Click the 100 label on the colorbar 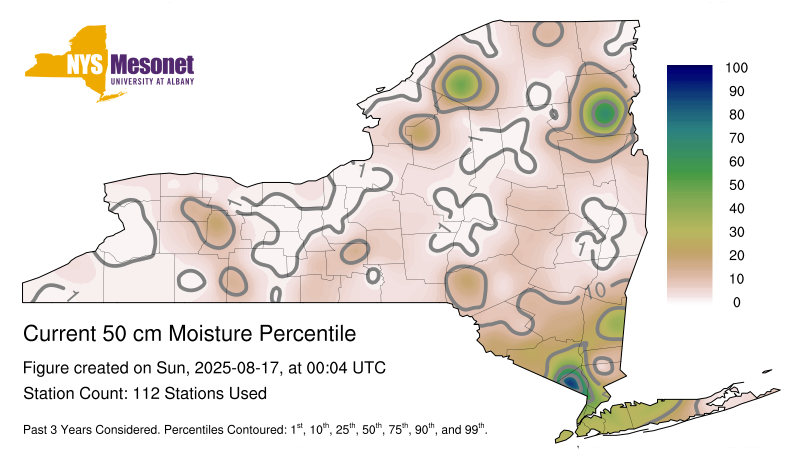tap(736, 68)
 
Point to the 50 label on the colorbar tap(736, 185)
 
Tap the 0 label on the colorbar tap(737, 302)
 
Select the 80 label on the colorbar tap(736, 114)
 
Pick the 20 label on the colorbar tap(736, 255)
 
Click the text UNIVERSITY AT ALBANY tap(152, 81)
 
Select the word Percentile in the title tap(307, 333)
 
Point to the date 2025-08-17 tap(236, 368)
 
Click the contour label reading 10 tap(595, 291)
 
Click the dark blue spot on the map tap(572, 383)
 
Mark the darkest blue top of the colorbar tap(689, 68)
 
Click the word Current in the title tap(59, 333)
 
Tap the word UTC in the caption tap(369, 368)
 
